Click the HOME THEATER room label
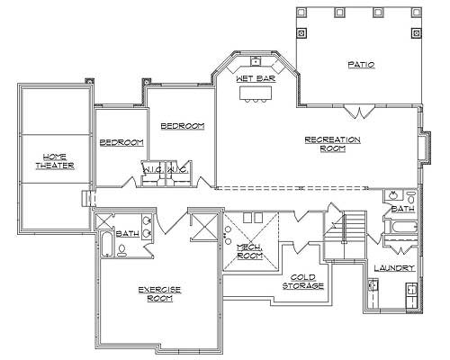(55, 160)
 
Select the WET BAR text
(256, 79)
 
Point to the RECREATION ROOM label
(332, 144)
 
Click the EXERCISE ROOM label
(159, 293)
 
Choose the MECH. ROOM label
(249, 252)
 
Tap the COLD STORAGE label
(302, 282)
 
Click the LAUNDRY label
(394, 268)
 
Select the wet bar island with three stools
(256, 94)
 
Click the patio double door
(360, 112)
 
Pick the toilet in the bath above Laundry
(410, 196)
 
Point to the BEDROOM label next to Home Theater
(121, 143)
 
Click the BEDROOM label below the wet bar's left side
(183, 126)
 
